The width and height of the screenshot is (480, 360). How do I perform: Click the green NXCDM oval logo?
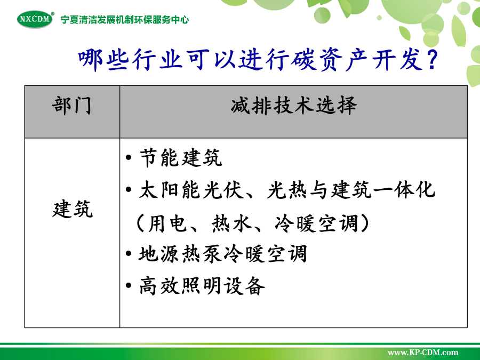click(35, 19)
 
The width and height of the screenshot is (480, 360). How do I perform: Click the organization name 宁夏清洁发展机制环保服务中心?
click(125, 20)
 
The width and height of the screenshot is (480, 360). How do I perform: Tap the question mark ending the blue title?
click(432, 60)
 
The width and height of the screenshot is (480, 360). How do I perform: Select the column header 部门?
click(71, 106)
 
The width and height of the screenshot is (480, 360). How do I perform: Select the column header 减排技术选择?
click(293, 106)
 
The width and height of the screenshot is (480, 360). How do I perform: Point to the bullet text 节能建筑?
click(181, 158)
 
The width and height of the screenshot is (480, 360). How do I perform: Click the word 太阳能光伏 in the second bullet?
click(191, 190)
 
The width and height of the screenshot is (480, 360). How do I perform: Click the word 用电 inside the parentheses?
click(167, 223)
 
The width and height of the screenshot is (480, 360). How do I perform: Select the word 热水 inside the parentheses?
click(231, 223)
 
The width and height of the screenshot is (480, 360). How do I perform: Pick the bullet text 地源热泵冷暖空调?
click(222, 254)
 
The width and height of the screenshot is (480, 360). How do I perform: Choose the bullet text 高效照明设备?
click(202, 286)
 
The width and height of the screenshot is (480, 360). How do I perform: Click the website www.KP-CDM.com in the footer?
click(423, 353)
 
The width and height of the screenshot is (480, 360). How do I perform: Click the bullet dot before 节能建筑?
click(129, 158)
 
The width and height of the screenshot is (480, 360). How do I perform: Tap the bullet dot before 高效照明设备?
click(129, 286)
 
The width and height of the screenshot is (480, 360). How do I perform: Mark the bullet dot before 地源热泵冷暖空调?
click(129, 254)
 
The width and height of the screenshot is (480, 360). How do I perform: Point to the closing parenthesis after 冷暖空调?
click(364, 223)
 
